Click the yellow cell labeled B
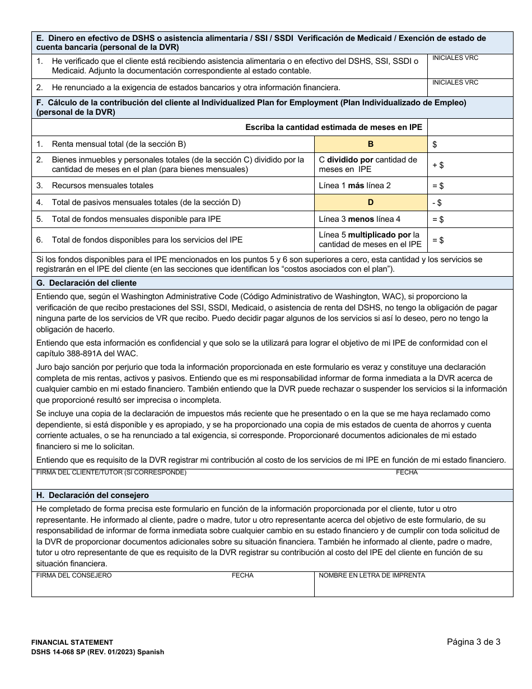pyautogui.click(x=370, y=144)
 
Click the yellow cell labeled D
pyautogui.click(x=370, y=202)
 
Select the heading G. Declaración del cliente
pyautogui.click(x=86, y=283)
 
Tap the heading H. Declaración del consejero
pyautogui.click(x=92, y=496)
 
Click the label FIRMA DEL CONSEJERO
pyautogui.click(x=74, y=575)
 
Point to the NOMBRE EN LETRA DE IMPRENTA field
pyautogui.click(x=413, y=584)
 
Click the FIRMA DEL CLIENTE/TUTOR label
pyautogui.click(x=111, y=472)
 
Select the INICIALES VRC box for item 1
pyautogui.click(x=470, y=66)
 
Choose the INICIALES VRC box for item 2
pyautogui.click(x=470, y=87)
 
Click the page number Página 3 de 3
pyautogui.click(x=473, y=642)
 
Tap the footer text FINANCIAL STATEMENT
pyautogui.click(x=72, y=643)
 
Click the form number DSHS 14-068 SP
pyautogui.click(x=66, y=652)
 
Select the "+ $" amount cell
pyautogui.click(x=470, y=165)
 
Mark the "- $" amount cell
pyautogui.click(x=470, y=202)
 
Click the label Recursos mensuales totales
pyautogui.click(x=102, y=185)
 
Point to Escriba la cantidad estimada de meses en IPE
pyautogui.click(x=333, y=127)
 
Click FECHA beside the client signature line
pyautogui.click(x=407, y=472)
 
